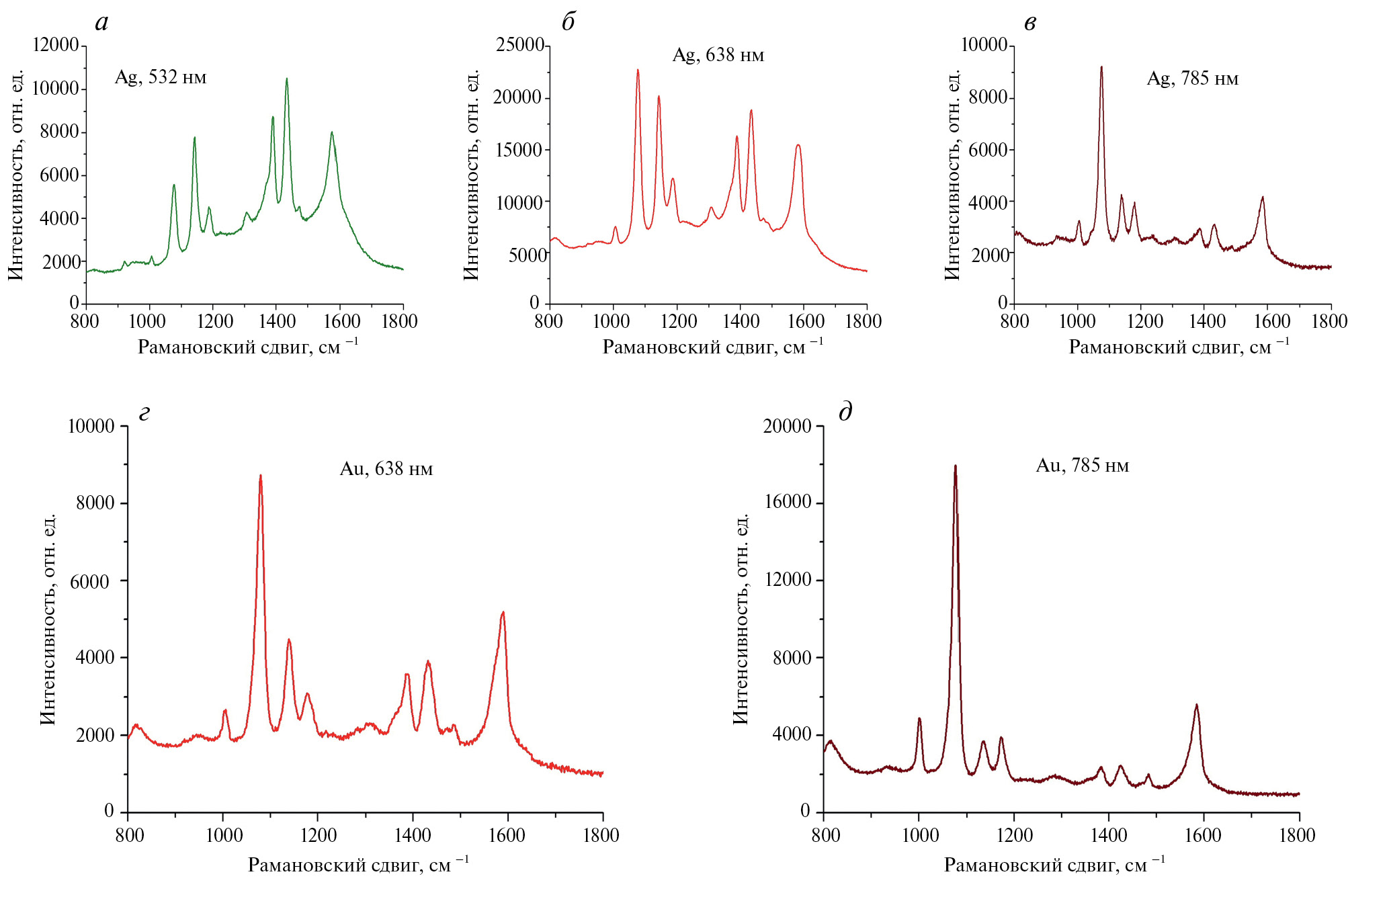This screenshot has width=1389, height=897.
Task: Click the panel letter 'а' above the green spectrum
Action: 101,24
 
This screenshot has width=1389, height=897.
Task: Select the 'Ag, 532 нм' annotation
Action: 160,77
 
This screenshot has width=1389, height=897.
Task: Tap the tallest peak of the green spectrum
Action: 287,79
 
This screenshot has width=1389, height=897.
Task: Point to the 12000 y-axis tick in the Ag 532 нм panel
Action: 56,45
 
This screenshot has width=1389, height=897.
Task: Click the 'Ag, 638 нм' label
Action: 718,55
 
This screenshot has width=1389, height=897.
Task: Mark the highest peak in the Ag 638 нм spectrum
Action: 638,71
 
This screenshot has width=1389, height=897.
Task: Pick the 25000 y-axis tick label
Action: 519,45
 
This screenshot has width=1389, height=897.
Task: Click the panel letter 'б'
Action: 569,23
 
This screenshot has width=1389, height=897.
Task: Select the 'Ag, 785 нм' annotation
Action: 1192,79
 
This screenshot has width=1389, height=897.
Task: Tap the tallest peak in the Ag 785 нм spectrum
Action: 1101,67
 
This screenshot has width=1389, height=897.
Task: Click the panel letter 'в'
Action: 1029,24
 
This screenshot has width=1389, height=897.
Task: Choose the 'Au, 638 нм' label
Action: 386,468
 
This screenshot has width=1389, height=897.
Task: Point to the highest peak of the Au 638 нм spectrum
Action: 261,476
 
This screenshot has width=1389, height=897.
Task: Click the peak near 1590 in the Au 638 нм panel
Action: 503,613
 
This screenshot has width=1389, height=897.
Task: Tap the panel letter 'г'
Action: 144,413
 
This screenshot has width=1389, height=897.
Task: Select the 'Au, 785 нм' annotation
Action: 1082,465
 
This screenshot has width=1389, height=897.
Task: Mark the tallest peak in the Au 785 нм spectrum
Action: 955,466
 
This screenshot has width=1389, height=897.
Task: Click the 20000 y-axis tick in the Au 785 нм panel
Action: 787,426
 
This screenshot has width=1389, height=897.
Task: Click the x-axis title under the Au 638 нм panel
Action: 358,865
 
